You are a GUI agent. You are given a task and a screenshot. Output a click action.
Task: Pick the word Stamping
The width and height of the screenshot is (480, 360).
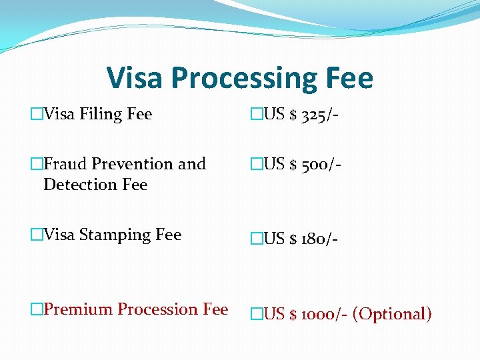[x=109, y=235]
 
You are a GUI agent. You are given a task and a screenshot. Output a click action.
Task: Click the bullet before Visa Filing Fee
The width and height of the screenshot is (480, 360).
[x=36, y=115]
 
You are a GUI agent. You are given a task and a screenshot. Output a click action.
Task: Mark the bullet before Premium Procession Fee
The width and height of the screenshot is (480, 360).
[x=36, y=310]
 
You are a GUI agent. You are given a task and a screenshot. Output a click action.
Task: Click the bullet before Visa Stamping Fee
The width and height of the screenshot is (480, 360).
[x=36, y=235]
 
